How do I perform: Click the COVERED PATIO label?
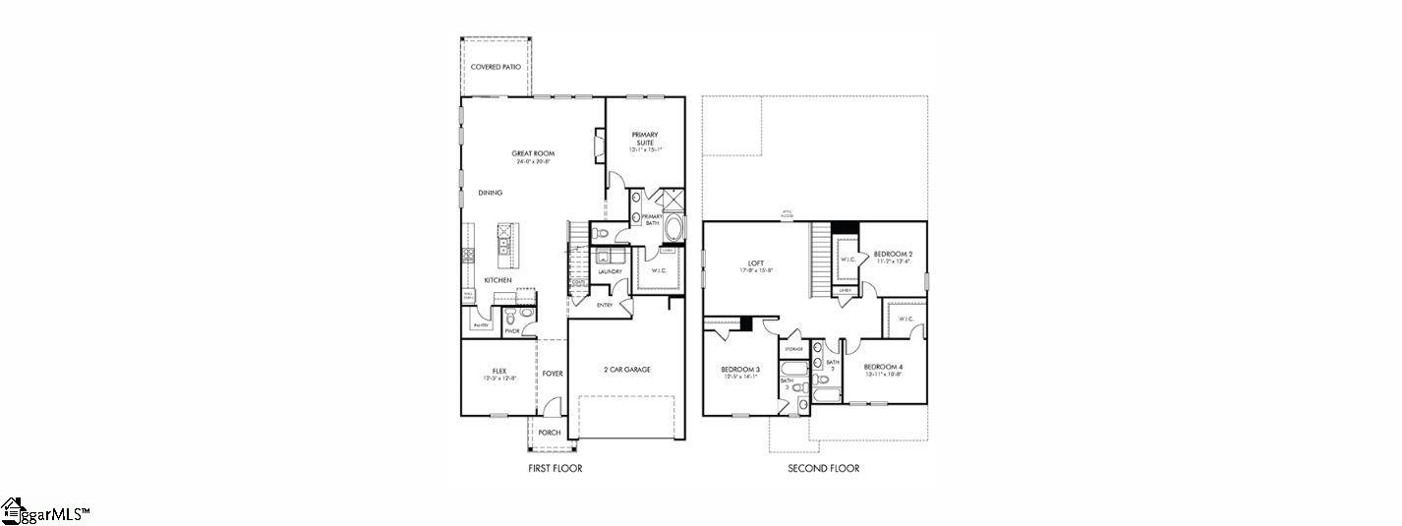coord(496,67)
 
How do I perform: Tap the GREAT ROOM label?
coord(533,153)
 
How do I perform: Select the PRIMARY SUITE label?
coord(644,139)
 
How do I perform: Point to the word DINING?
coord(491,193)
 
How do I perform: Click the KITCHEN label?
coord(497,281)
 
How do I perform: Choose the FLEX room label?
coord(498,371)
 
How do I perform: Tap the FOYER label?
coord(553,374)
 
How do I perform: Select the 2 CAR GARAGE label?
coord(626,370)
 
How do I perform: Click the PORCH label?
coord(549,433)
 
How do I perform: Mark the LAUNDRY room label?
coord(610,271)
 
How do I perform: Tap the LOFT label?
coord(755,263)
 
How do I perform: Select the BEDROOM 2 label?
coord(893,255)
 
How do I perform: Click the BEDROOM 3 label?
coord(740,369)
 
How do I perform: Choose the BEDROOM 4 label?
coord(884,367)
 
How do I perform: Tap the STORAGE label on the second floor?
coord(792,349)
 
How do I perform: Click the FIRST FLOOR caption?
coord(555,468)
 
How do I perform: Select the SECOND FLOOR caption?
coord(823,468)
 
